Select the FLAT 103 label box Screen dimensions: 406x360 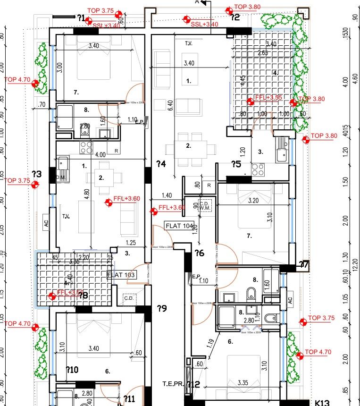tap(122, 275)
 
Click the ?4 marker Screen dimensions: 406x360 tap(161, 164)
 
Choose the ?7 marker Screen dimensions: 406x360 tap(304, 265)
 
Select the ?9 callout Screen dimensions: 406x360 tap(162, 309)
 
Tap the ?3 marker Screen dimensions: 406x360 tap(37, 174)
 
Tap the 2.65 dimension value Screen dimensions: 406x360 tap(263, 53)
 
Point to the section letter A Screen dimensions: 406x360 tap(197, 2)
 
